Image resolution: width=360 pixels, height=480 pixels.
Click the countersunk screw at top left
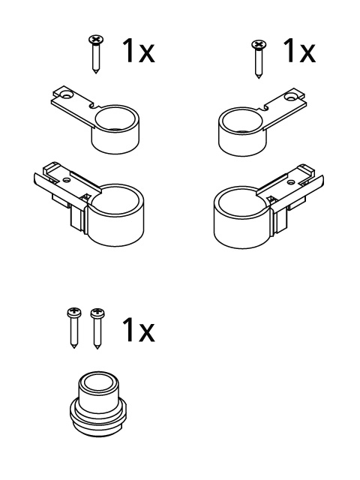tap(96, 54)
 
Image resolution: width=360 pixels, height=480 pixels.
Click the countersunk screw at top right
tap(259, 58)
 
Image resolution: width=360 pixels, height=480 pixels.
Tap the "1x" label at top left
tap(139, 51)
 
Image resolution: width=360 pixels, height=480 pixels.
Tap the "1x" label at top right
tap(299, 50)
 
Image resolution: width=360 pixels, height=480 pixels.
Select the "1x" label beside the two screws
tap(138, 329)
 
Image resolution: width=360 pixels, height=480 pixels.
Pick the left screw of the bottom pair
tap(74, 328)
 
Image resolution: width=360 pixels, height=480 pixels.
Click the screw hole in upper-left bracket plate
tap(65, 95)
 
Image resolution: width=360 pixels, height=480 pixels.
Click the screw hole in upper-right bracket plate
tap(289, 97)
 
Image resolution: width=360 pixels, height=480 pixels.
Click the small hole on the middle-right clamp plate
tap(291, 182)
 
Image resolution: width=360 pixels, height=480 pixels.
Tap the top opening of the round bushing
tap(98, 383)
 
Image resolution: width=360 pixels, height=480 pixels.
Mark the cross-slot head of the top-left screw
tap(96, 39)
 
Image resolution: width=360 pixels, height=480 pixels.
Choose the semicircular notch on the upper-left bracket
tap(93, 106)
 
